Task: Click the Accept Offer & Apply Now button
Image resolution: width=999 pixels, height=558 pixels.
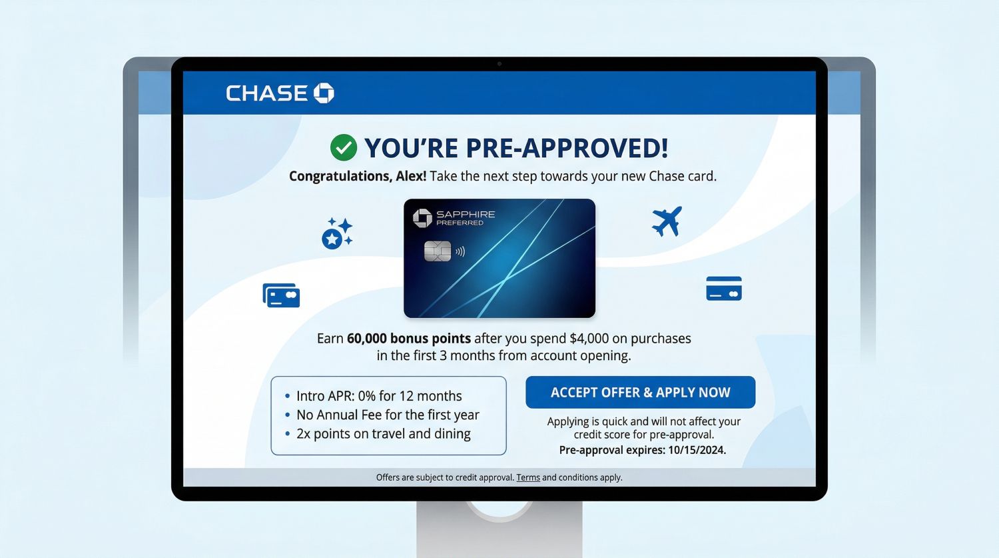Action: [x=641, y=393]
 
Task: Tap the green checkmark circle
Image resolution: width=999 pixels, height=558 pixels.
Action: [x=344, y=147]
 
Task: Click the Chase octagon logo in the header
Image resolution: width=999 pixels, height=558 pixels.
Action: [x=324, y=93]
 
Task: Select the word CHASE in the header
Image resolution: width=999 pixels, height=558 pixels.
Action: [x=266, y=93]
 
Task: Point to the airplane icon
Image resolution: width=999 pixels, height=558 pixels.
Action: [x=667, y=221]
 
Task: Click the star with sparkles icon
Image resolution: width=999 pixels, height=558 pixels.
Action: [x=337, y=233]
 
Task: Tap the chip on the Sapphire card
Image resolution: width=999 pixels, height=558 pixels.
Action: [x=437, y=251]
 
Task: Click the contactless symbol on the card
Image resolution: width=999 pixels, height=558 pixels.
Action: [x=460, y=252]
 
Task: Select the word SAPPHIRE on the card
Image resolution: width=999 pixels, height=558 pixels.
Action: [x=466, y=214]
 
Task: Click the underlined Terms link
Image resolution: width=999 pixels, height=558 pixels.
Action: [x=528, y=477]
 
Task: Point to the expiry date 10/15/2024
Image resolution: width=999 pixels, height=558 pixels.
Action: [x=697, y=450]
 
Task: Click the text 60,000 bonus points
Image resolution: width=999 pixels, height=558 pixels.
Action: [x=408, y=339]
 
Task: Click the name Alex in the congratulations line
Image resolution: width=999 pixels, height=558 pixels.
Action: [x=411, y=176]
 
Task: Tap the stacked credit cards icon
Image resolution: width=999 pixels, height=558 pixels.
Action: [x=282, y=295]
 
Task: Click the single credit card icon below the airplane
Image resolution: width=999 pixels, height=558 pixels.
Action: [x=724, y=289]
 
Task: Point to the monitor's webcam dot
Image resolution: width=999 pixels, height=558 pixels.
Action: [x=499, y=64]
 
